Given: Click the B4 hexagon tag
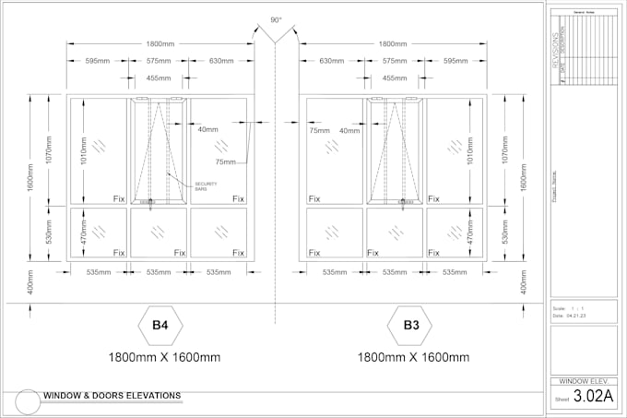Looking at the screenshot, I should [160, 325].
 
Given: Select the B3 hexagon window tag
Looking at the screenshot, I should [410, 325].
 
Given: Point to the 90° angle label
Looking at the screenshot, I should [276, 19].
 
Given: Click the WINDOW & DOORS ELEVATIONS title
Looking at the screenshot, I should [112, 396].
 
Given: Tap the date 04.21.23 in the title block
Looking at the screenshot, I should [576, 316].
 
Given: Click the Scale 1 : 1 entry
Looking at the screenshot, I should [570, 308].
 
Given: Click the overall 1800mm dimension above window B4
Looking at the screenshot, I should [160, 43].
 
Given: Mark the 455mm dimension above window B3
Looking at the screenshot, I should [394, 78].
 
